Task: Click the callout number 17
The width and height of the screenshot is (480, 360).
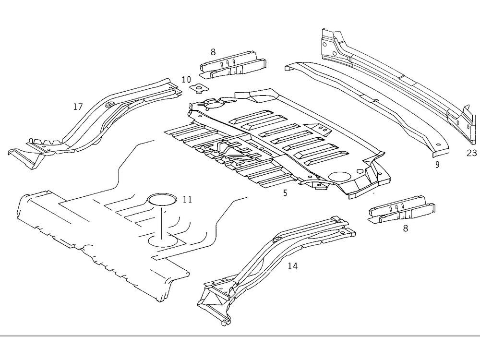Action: tap(78, 107)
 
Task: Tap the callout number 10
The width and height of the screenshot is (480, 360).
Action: tap(186, 79)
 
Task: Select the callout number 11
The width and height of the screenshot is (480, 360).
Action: tap(187, 199)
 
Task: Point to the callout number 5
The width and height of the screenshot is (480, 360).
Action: tap(285, 194)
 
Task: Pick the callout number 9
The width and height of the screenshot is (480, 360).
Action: tap(437, 165)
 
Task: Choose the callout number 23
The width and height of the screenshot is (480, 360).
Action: tap(471, 153)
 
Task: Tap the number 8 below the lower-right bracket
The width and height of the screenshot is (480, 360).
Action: tap(406, 229)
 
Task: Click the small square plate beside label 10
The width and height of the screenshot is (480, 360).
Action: tap(197, 88)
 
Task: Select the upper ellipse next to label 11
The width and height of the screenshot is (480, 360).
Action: tap(161, 200)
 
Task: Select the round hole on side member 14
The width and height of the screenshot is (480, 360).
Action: tap(276, 240)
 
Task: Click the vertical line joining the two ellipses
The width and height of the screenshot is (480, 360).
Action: tap(161, 221)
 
